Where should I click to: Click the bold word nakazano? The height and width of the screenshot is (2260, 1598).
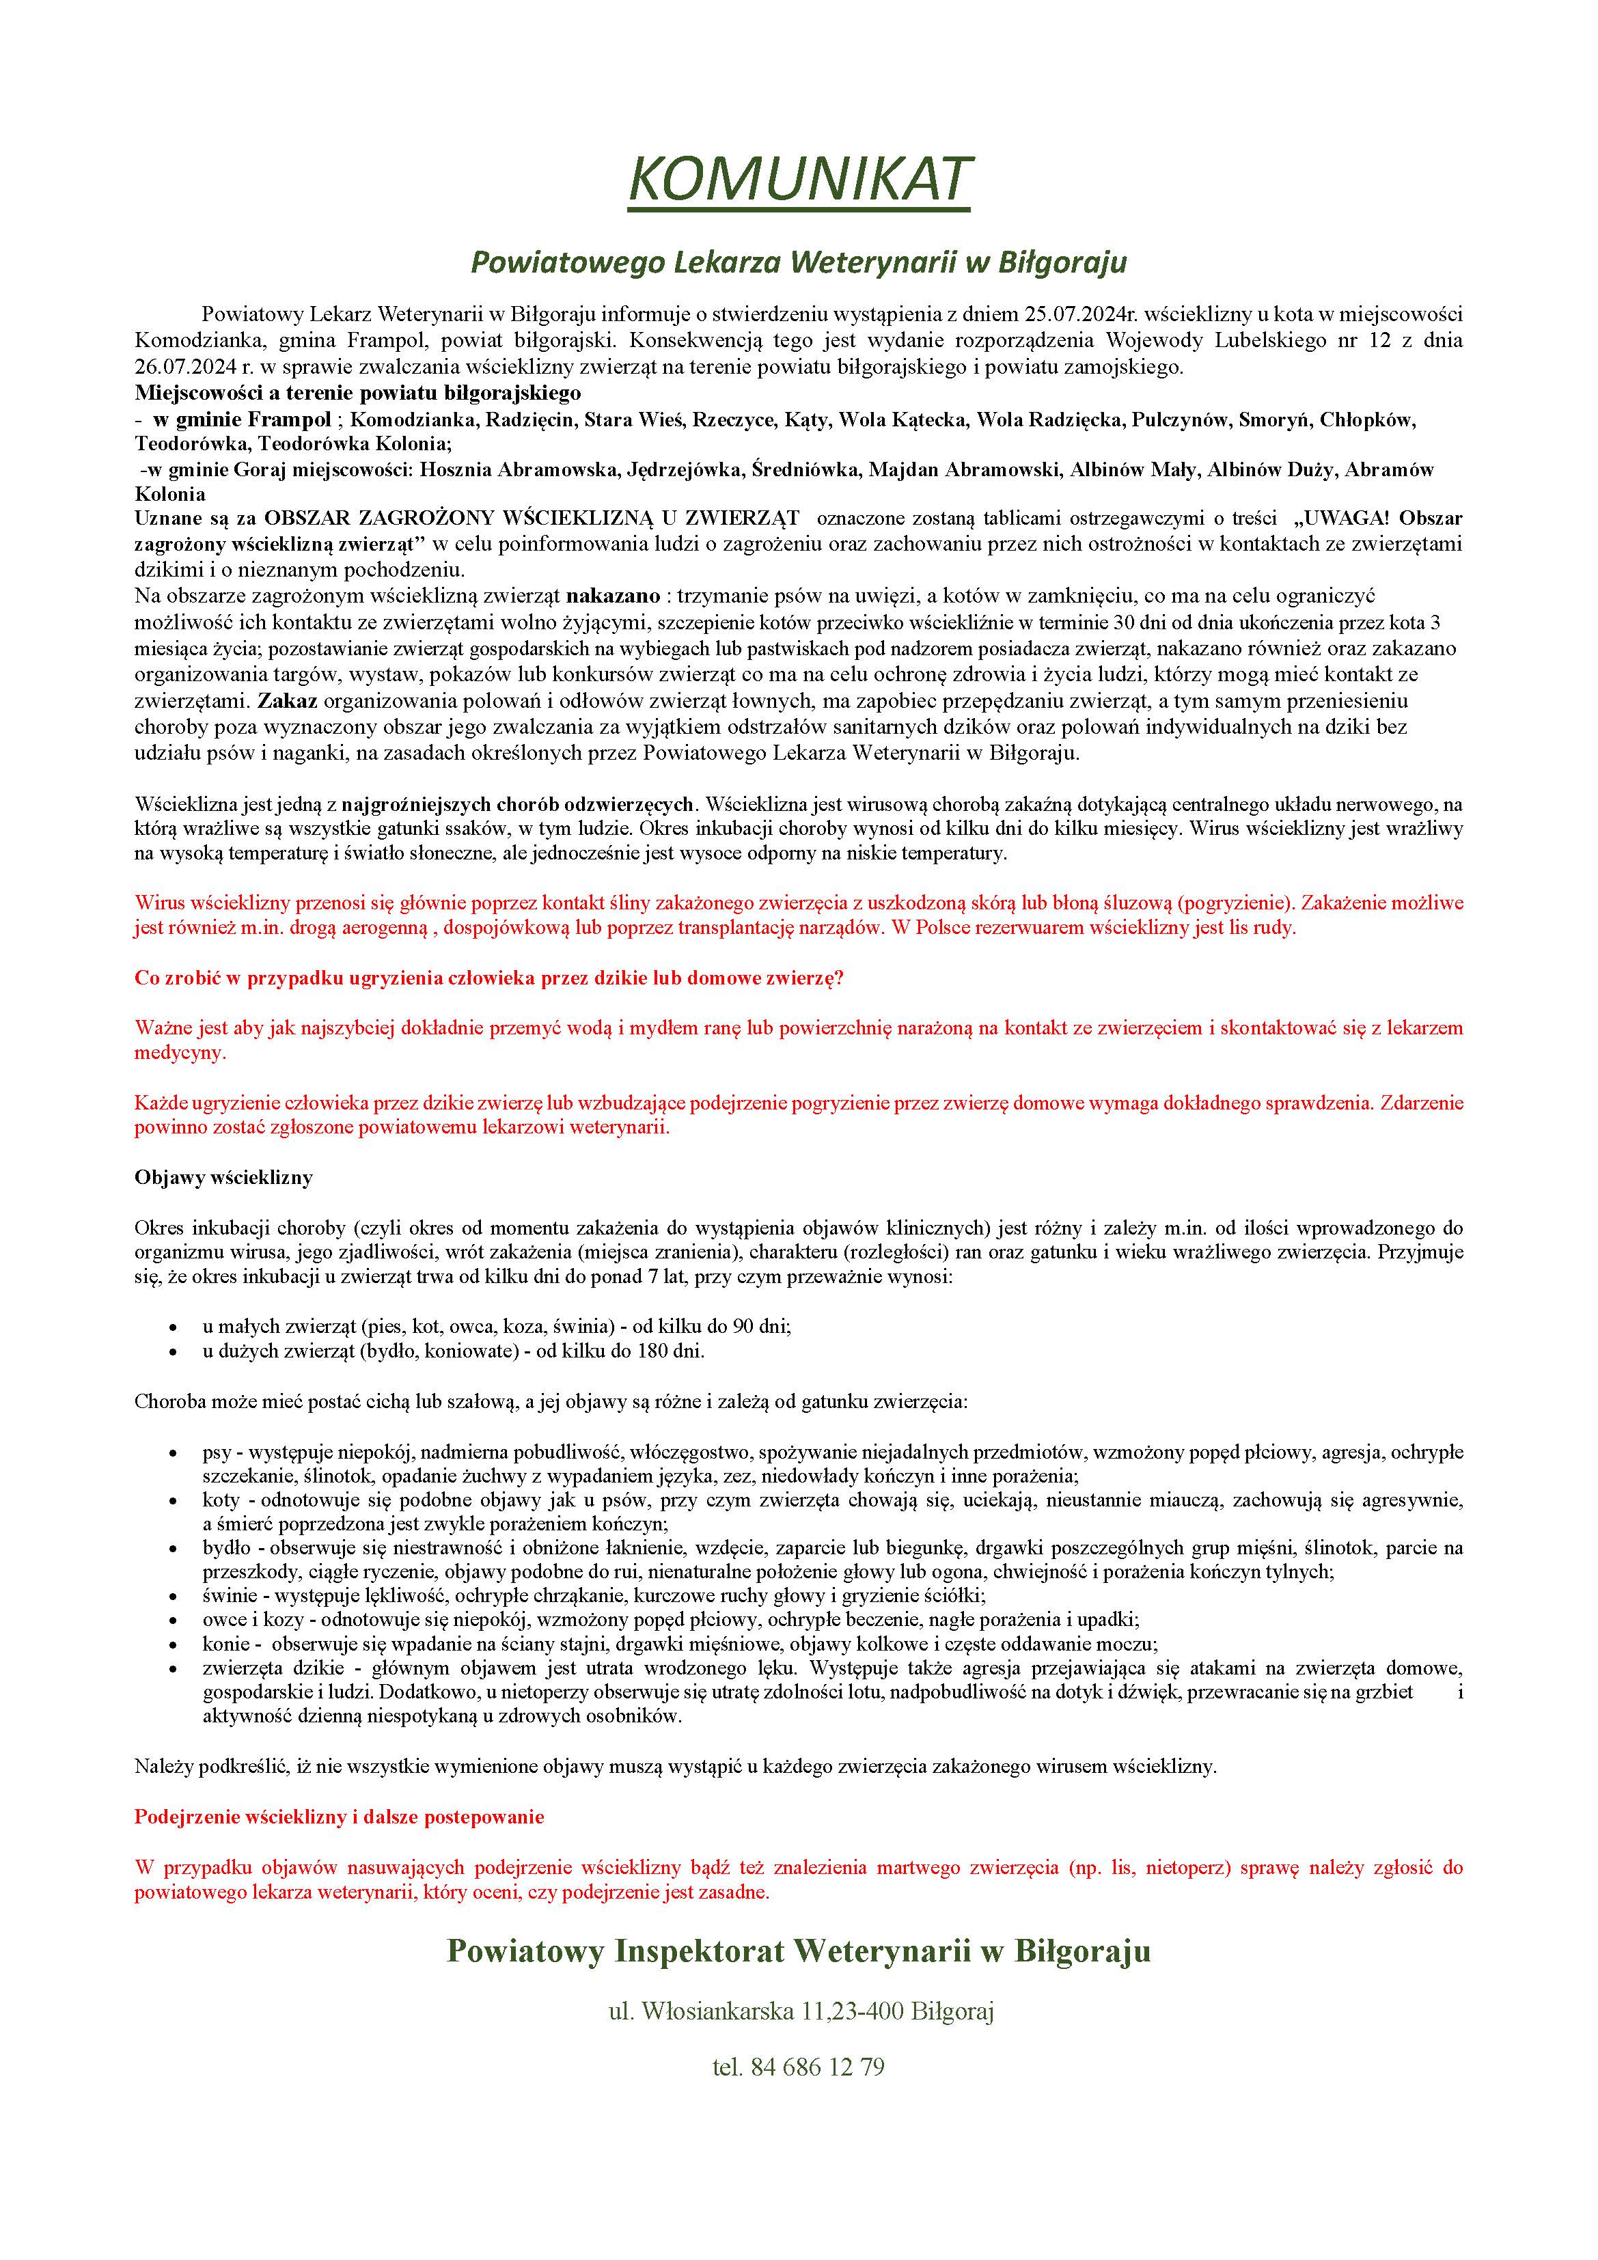[x=612, y=596]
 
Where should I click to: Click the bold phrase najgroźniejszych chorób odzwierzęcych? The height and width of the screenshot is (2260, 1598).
[x=518, y=804]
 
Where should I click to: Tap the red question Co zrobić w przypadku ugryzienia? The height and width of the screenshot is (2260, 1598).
[x=488, y=978]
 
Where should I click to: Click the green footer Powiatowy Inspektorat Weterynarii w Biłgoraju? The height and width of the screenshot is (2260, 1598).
[x=799, y=1951]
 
